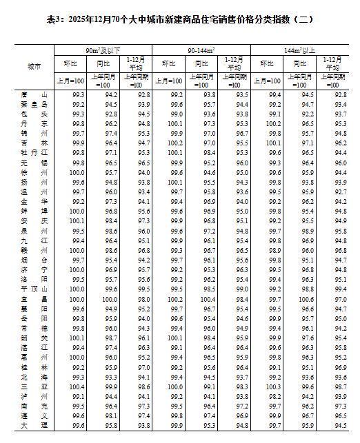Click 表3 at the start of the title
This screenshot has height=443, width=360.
[54, 21]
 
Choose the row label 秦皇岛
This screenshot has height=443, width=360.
[34, 104]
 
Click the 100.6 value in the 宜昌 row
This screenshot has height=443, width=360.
[307, 300]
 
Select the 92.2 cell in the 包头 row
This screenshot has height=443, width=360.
[307, 113]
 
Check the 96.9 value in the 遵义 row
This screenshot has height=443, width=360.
[307, 417]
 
